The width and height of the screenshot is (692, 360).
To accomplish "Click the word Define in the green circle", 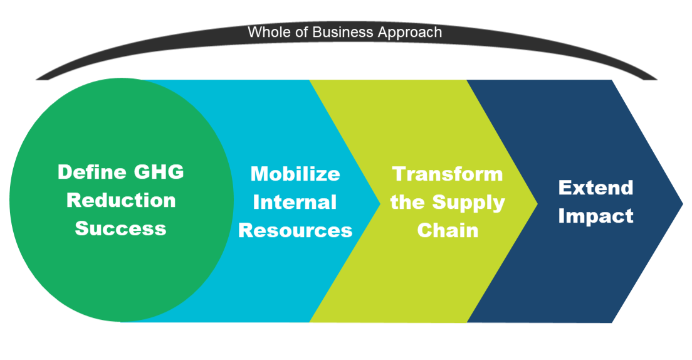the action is tap(92, 172).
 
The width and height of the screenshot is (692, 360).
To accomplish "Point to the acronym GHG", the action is tap(159, 172).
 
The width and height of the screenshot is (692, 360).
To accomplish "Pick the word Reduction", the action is tap(121, 200).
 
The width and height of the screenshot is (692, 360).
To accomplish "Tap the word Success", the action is tap(120, 228).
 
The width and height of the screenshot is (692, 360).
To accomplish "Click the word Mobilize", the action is tap(295, 174).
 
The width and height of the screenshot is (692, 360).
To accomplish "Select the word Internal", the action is tap(295, 202).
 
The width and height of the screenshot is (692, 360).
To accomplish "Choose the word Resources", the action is tap(295, 230).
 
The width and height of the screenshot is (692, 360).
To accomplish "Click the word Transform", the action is tap(448, 174).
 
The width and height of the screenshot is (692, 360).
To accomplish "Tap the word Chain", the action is tap(448, 230).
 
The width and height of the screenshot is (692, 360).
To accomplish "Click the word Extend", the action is tap(596, 188).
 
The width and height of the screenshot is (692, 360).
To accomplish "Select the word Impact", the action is tap(596, 216).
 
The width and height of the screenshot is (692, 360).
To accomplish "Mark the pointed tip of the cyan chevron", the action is tap(380, 204).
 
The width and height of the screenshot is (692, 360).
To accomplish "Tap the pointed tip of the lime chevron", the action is tap(538, 204).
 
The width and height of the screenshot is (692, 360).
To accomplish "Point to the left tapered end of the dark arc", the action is tap(36, 80).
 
